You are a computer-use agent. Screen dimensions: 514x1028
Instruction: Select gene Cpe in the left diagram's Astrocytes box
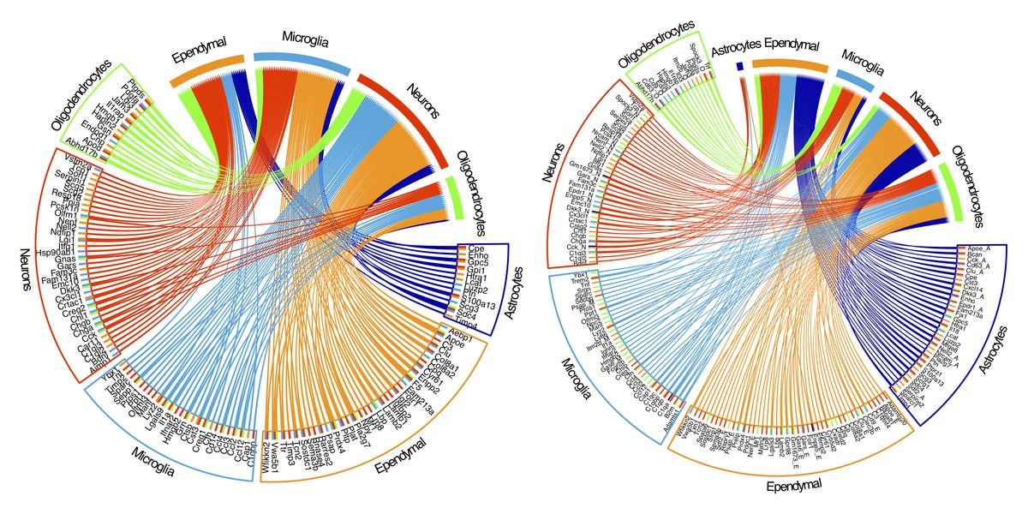tap(476, 249)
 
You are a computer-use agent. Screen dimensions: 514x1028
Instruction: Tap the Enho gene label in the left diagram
tap(478, 256)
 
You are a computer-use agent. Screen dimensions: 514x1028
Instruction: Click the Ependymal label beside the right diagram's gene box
tap(792, 486)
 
